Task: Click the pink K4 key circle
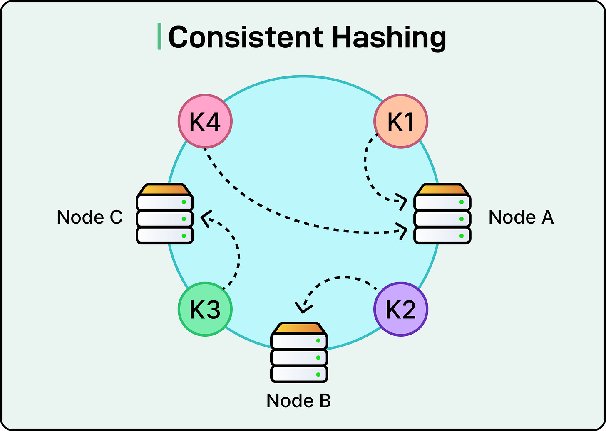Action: [x=205, y=121]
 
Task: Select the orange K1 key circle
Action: [x=401, y=121]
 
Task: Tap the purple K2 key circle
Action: [x=401, y=309]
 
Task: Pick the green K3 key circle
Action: [x=205, y=309]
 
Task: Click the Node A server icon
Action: [x=442, y=214]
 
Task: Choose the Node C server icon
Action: [x=165, y=214]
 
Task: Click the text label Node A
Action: [x=521, y=217]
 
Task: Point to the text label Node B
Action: [x=298, y=401]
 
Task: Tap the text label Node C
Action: [x=89, y=217]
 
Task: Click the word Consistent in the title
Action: [x=246, y=37]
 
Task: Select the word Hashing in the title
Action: [x=389, y=37]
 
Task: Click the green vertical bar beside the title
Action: [x=159, y=37]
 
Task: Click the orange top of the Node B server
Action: [x=299, y=328]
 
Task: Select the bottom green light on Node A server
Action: [x=461, y=236]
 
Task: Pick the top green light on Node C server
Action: [x=184, y=202]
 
